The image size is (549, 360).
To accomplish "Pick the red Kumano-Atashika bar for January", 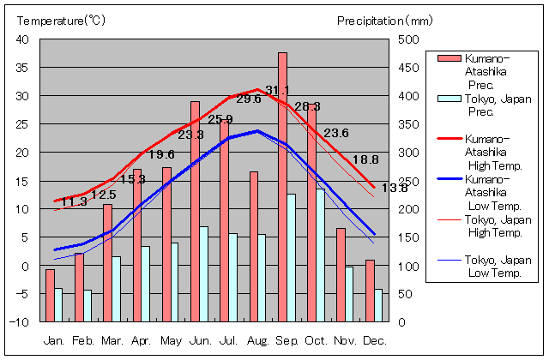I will pyautogui.click(x=50, y=295).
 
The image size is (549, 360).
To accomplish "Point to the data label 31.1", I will pyautogui.click(x=277, y=90).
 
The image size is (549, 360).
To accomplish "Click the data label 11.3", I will pyautogui.click(x=74, y=202).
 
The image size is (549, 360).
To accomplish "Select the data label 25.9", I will pyautogui.click(x=220, y=118).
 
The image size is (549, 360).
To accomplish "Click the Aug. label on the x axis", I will pyautogui.click(x=258, y=340).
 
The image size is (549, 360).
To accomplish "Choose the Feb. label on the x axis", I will pyautogui.click(x=83, y=340).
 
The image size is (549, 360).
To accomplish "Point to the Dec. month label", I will pyautogui.click(x=374, y=340).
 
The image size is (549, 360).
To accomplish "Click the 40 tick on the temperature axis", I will pyautogui.click(x=22, y=39).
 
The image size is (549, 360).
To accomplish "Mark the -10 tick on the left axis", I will pyautogui.click(x=20, y=322).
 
